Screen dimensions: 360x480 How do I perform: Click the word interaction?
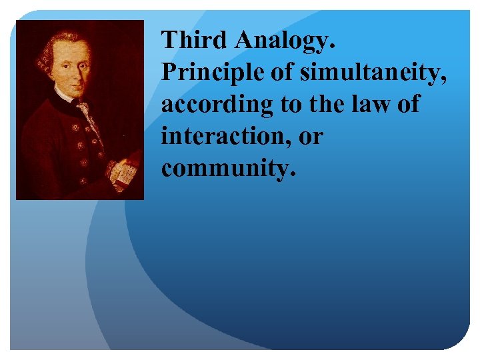tap(217, 137)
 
